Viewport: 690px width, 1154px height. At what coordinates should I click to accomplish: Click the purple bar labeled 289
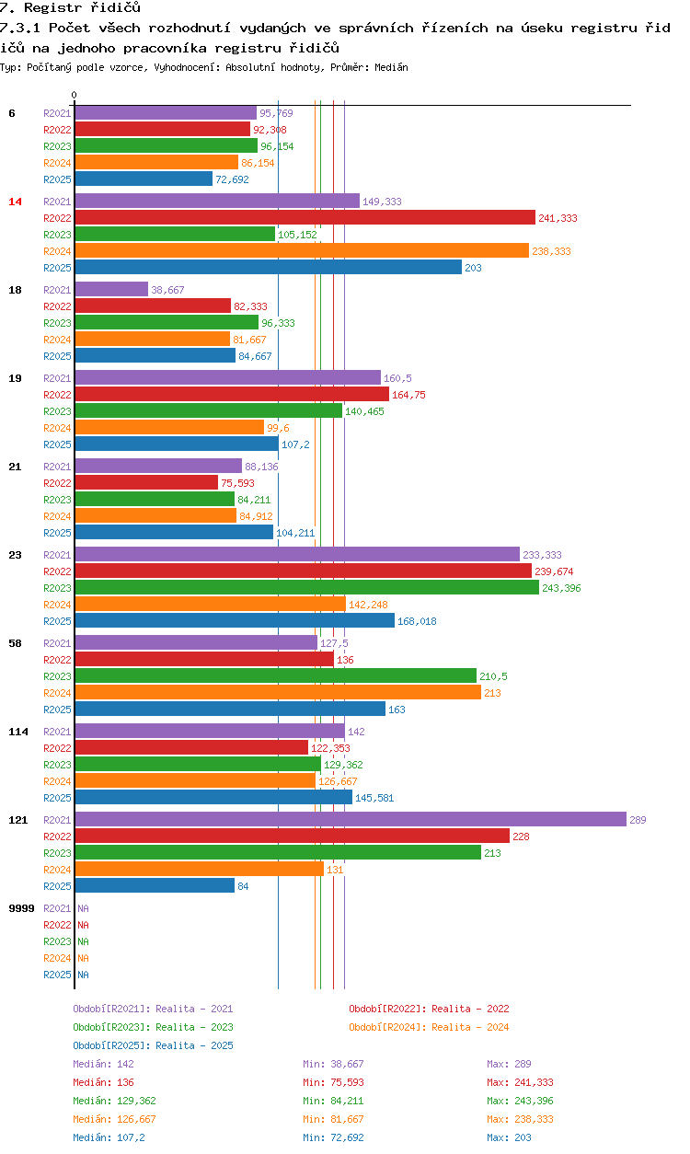point(351,819)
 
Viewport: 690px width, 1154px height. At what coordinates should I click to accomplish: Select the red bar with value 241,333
point(305,217)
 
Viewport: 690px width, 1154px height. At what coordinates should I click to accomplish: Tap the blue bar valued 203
point(269,267)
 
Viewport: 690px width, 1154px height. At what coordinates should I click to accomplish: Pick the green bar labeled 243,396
point(307,587)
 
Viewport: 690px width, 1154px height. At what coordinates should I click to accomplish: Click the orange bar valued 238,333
point(302,250)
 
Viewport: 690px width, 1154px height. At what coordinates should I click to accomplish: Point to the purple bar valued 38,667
point(111,289)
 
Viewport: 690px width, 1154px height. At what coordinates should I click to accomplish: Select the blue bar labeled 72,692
point(144,179)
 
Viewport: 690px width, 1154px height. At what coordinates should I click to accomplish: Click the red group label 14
point(16,202)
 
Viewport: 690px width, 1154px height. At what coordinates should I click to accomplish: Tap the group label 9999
point(22,908)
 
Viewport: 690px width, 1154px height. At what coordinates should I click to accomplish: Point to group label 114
point(18,732)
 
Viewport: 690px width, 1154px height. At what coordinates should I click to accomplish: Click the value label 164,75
point(408,395)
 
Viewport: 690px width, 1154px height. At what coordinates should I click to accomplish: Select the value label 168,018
point(417,621)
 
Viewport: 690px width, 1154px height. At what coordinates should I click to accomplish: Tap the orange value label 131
point(335,870)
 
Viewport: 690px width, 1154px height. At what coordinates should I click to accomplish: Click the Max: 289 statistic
point(509,1064)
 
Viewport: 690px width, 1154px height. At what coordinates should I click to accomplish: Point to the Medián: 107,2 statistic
point(109,1137)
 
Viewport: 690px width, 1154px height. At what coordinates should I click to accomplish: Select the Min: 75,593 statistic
point(333,1082)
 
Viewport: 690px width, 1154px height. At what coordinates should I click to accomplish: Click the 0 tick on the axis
point(75,95)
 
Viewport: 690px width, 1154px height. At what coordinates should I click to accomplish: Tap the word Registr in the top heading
point(53,7)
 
